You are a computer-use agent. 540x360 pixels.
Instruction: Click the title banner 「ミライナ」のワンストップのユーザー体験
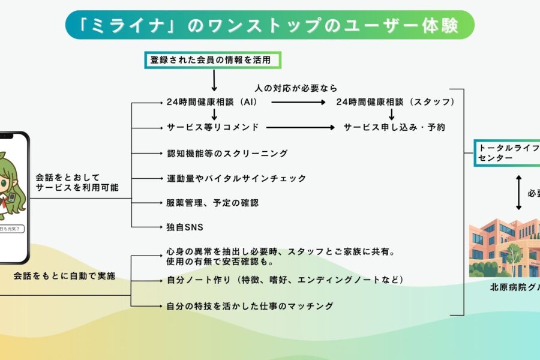(270, 25)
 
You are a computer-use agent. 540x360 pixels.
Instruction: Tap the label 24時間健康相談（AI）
(212, 103)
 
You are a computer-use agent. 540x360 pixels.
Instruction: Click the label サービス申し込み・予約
(394, 128)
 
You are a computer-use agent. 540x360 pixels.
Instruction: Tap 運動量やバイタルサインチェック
(236, 178)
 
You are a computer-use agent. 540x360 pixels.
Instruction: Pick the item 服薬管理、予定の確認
(212, 203)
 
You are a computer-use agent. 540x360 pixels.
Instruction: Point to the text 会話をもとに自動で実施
(64, 276)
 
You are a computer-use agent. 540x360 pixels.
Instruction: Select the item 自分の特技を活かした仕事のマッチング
(249, 306)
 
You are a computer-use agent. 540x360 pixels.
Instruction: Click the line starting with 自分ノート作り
(284, 280)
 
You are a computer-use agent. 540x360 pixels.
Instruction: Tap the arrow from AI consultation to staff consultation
(299, 103)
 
